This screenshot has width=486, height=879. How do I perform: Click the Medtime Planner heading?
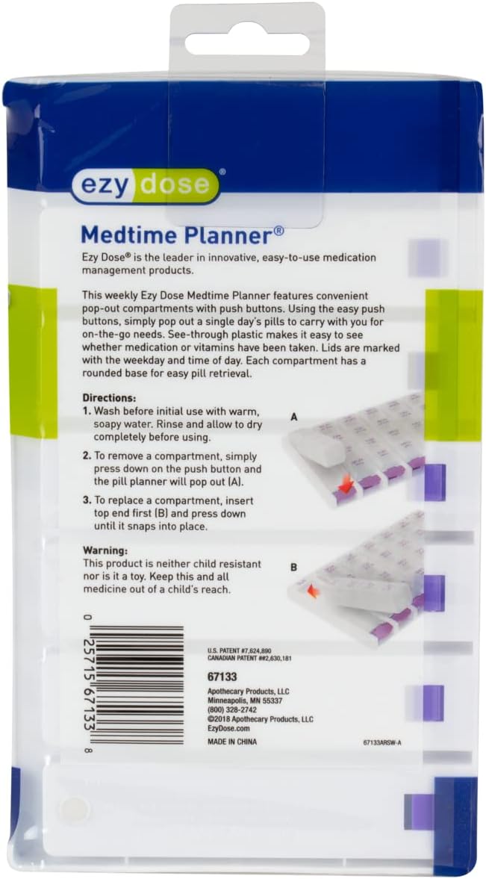[181, 235]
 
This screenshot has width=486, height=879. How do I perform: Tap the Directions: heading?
[109, 398]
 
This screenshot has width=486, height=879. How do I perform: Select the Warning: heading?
[105, 550]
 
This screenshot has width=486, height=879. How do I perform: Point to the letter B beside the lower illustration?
[294, 568]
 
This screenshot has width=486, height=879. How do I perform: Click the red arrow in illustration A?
[346, 487]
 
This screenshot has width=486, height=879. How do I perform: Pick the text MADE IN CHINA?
[237, 744]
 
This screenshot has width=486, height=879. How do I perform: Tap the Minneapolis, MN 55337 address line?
[244, 701]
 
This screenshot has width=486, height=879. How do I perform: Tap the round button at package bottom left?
[73, 808]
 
